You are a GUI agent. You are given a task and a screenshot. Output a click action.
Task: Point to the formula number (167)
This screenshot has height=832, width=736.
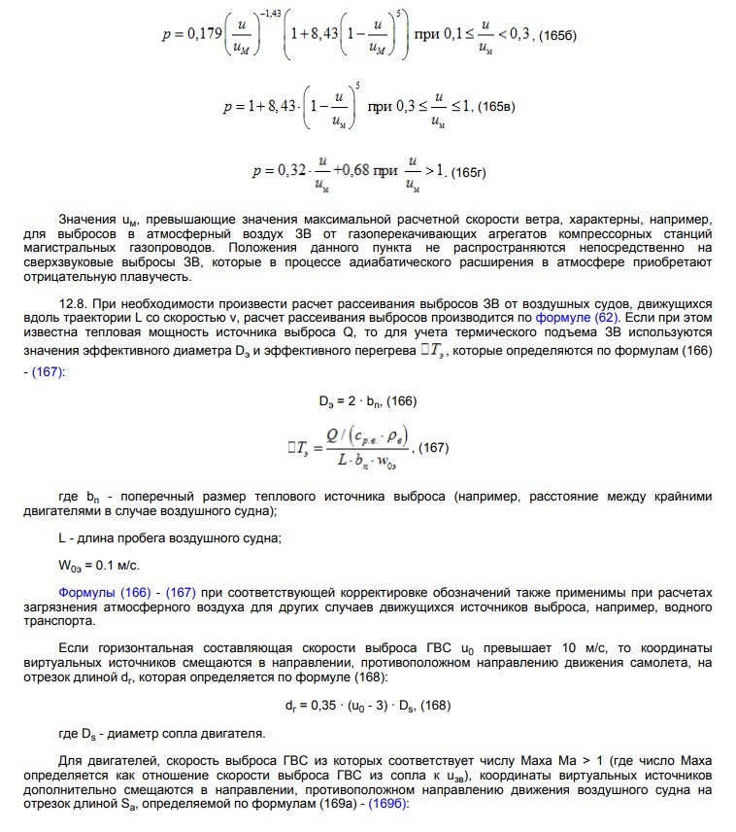[x=433, y=448]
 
